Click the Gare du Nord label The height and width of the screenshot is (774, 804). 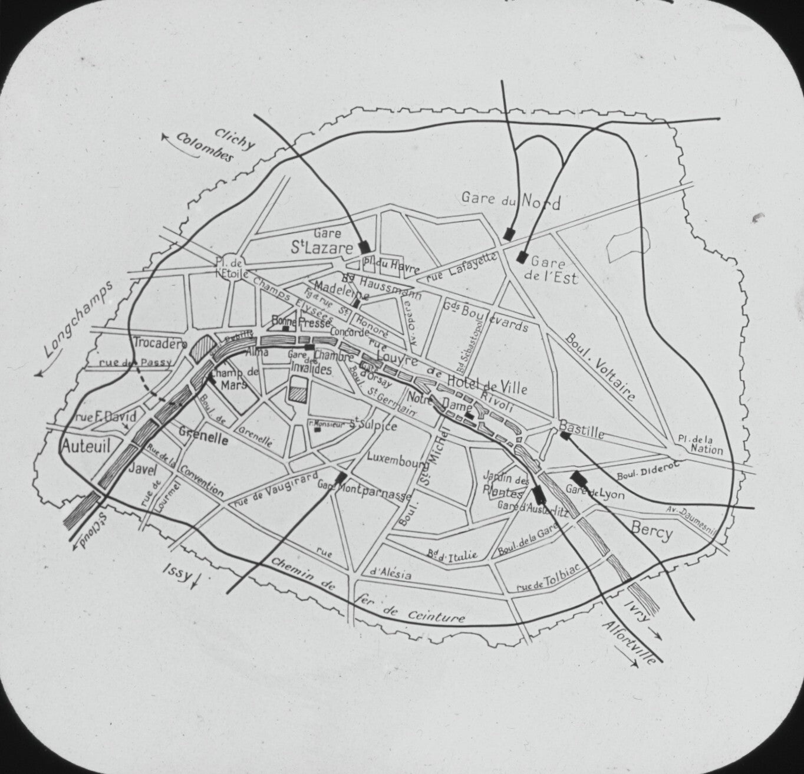click(510, 200)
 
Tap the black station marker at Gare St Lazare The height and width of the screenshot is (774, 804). click(365, 246)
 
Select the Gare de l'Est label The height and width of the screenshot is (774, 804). click(552, 271)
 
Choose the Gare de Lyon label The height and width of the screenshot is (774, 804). click(594, 493)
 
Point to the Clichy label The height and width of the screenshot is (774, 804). click(234, 139)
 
